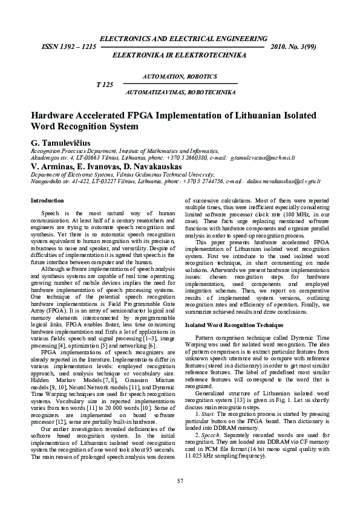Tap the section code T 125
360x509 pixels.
click(105, 84)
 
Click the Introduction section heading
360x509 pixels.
click(47, 200)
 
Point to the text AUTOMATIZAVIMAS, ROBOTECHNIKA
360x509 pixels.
click(180, 92)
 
